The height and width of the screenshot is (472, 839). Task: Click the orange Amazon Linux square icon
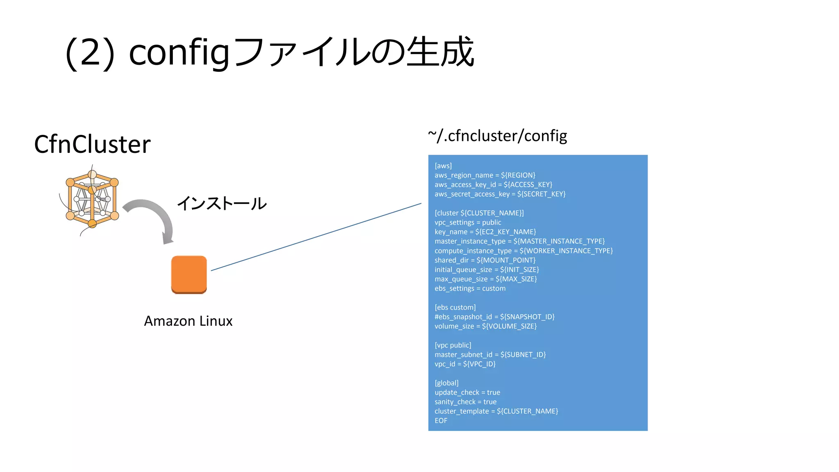pos(189,275)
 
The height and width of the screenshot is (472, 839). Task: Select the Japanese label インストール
pos(222,204)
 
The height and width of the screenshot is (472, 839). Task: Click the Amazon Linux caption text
pos(188,321)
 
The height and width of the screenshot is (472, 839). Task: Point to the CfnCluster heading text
pos(92,144)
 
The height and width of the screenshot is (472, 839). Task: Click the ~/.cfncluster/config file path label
pos(497,136)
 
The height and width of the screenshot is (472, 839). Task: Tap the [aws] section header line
pos(443,166)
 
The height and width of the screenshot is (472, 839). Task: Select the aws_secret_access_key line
pos(500,194)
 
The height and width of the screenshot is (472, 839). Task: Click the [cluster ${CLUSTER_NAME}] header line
pos(479,213)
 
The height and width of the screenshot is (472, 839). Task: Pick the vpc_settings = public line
pos(468,222)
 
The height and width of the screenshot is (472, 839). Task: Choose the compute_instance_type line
pos(524,251)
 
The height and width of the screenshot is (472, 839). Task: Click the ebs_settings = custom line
pos(470,288)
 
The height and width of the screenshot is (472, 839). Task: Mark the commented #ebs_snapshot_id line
pos(494,317)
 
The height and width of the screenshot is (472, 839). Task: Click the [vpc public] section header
pos(453,345)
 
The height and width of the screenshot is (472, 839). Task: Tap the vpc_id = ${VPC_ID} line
pos(465,364)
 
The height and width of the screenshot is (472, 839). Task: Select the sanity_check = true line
pos(465,402)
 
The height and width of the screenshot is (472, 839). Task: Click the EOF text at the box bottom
pos(441,421)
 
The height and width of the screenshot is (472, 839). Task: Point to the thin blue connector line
pos(316,237)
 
